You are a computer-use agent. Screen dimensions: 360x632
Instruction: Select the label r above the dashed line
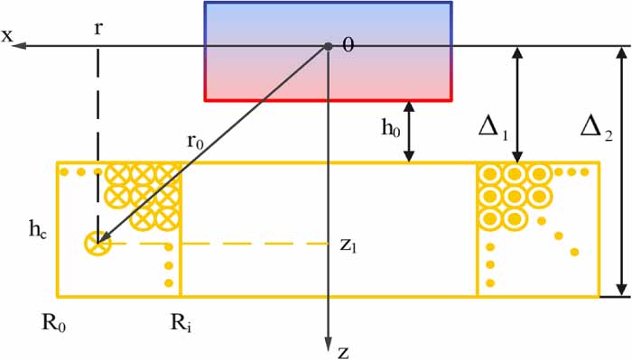coord(98,28)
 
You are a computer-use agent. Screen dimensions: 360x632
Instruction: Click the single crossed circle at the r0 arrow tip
coord(96,242)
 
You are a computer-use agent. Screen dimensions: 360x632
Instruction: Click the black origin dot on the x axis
coord(329,45)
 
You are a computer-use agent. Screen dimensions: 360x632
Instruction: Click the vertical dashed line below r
coord(97,135)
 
